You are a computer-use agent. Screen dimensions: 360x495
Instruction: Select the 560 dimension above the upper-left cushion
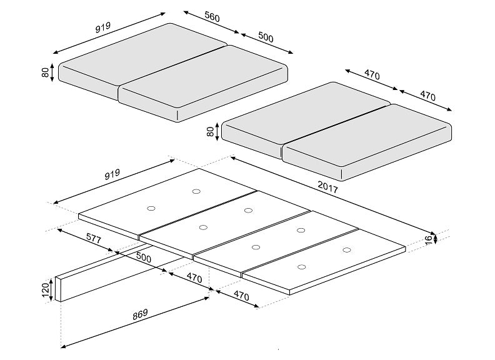click(212, 19)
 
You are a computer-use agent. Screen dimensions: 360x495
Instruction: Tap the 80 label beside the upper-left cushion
click(46, 71)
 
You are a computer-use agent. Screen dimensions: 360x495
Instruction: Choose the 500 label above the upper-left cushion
click(266, 38)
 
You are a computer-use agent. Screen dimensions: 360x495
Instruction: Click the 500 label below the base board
click(143, 258)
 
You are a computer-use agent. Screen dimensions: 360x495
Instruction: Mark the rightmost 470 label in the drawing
click(427, 96)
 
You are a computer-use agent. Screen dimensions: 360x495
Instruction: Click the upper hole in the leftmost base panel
click(196, 191)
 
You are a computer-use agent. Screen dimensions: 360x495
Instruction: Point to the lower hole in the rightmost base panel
click(301, 267)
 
